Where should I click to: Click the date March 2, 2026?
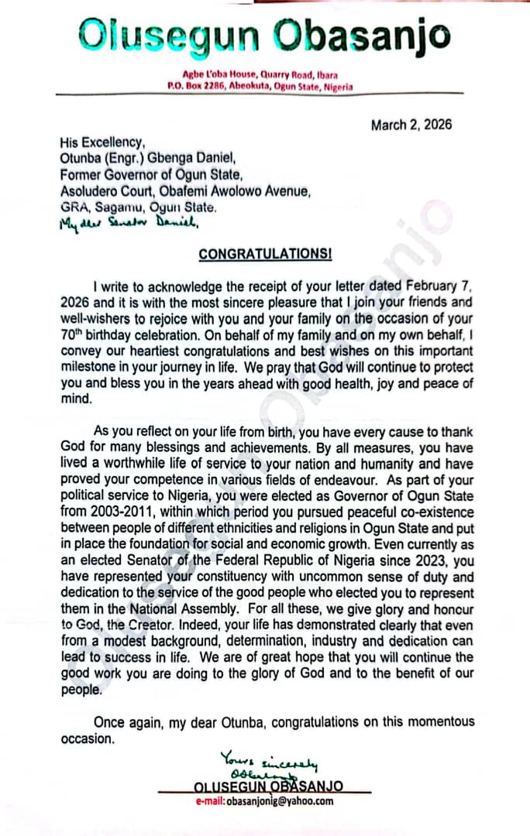tap(411, 125)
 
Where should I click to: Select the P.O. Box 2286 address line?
tap(260, 87)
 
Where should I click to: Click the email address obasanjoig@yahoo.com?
tap(264, 801)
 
